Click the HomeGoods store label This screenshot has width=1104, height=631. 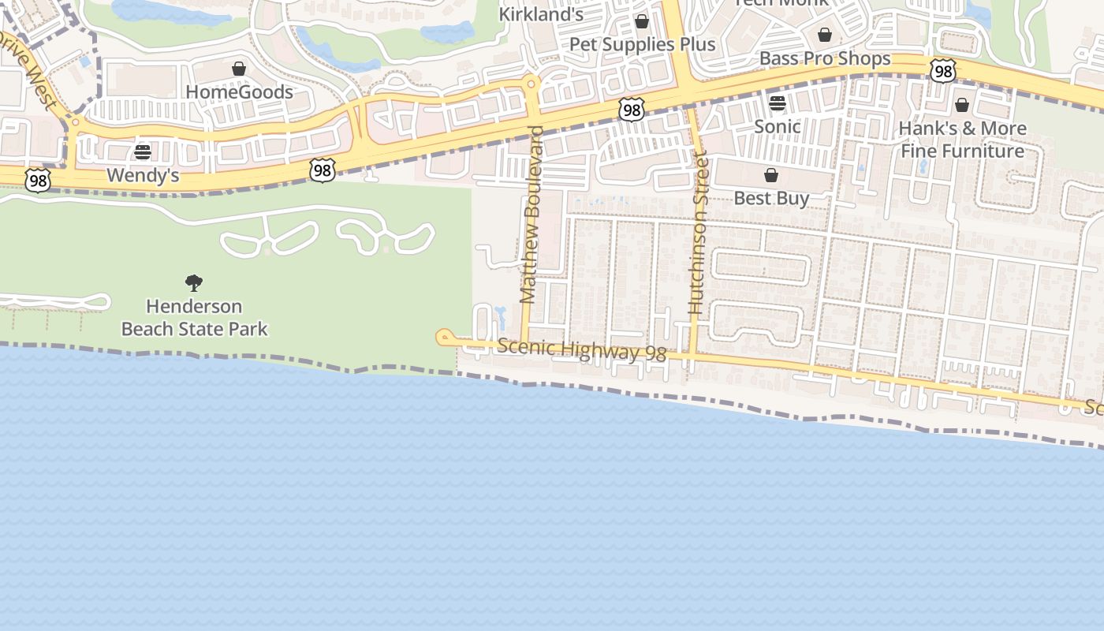[x=239, y=91]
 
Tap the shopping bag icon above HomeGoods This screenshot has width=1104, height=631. [x=239, y=69]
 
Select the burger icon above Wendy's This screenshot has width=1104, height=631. [x=143, y=152]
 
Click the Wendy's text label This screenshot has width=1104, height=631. [x=143, y=175]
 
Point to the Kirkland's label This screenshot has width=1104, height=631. [x=541, y=14]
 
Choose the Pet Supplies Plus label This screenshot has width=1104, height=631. [x=642, y=44]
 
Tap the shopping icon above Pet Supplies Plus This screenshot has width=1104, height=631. [x=642, y=21]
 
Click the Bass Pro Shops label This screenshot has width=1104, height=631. [x=825, y=58]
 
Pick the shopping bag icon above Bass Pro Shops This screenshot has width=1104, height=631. [x=825, y=35]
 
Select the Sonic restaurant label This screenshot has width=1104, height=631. [x=778, y=126]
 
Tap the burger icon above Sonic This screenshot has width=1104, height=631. [x=778, y=103]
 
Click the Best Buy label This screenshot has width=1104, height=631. [x=771, y=198]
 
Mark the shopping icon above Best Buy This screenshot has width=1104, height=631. [x=771, y=175]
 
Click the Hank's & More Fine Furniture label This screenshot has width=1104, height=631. [x=963, y=140]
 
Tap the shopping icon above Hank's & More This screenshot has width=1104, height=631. [x=962, y=105]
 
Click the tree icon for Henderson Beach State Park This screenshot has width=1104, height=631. [x=194, y=283]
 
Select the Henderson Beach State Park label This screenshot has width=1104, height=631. [x=194, y=317]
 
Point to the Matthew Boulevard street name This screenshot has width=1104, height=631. [x=532, y=215]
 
